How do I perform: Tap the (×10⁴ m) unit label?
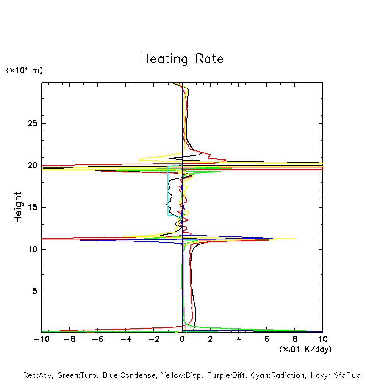[24, 70]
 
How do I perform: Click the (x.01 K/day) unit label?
[305, 349]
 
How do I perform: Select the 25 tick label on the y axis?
[31, 124]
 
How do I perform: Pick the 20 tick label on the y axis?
[31, 165]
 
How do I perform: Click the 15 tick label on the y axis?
[31, 207]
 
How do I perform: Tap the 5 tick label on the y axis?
[33, 291]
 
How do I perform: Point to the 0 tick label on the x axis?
[182, 339]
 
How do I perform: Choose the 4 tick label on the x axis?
[239, 339]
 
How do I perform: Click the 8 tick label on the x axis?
[295, 339]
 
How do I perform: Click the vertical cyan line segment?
[168, 191]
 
